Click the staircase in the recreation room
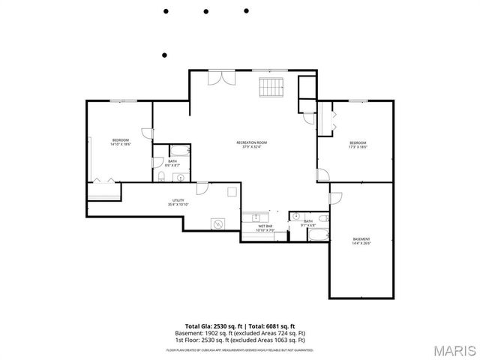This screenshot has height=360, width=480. pyautogui.click(x=271, y=88)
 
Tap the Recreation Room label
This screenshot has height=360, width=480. pyautogui.click(x=252, y=145)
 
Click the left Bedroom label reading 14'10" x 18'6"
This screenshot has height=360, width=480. pyautogui.click(x=121, y=142)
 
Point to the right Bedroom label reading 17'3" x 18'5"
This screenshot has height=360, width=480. pyautogui.click(x=358, y=145)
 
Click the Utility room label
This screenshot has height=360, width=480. pyautogui.click(x=178, y=202)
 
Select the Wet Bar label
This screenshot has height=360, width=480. pyautogui.click(x=265, y=228)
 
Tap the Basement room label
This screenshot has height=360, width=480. pyautogui.click(x=361, y=241)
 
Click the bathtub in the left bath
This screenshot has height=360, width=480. pyautogui.click(x=180, y=149)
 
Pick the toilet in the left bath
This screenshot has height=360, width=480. pyautogui.click(x=163, y=176)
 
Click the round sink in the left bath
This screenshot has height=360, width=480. pyautogui.click(x=178, y=178)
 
